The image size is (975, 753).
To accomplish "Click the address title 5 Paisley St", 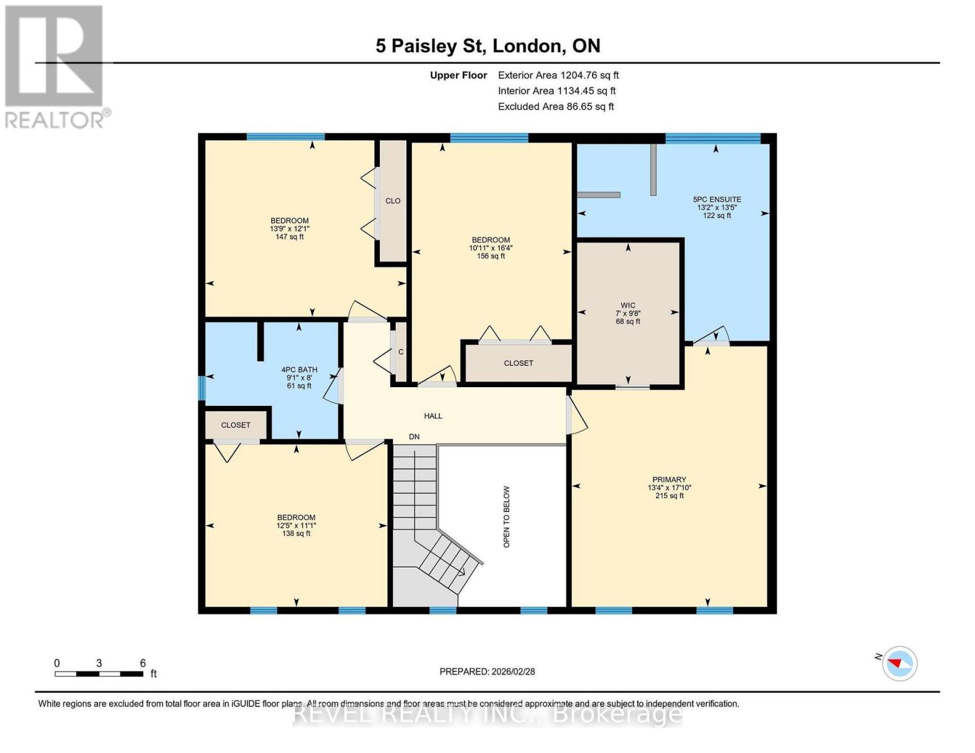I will point(488,46).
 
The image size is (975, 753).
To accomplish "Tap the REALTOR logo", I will point(55,67).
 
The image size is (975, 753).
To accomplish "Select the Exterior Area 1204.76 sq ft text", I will point(558,75).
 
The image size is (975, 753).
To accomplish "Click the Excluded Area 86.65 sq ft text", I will point(556,107).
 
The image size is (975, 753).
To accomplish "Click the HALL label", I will point(433,416).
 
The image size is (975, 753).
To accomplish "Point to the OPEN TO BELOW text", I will point(507,516).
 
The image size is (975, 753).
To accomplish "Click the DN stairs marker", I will point(414,437).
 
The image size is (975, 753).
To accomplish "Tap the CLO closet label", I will point(393,201).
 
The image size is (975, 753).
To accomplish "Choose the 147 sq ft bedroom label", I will point(289,228).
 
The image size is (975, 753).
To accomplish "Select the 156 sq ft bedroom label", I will point(490,248).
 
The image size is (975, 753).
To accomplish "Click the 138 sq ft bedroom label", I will point(296,525).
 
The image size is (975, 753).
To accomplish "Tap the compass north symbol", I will point(899,663).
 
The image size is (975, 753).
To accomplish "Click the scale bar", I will point(99,674).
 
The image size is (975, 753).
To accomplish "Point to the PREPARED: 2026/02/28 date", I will point(487,671).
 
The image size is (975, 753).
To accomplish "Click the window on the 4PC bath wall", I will point(202,388).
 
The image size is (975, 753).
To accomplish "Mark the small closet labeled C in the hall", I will point(401,352).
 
